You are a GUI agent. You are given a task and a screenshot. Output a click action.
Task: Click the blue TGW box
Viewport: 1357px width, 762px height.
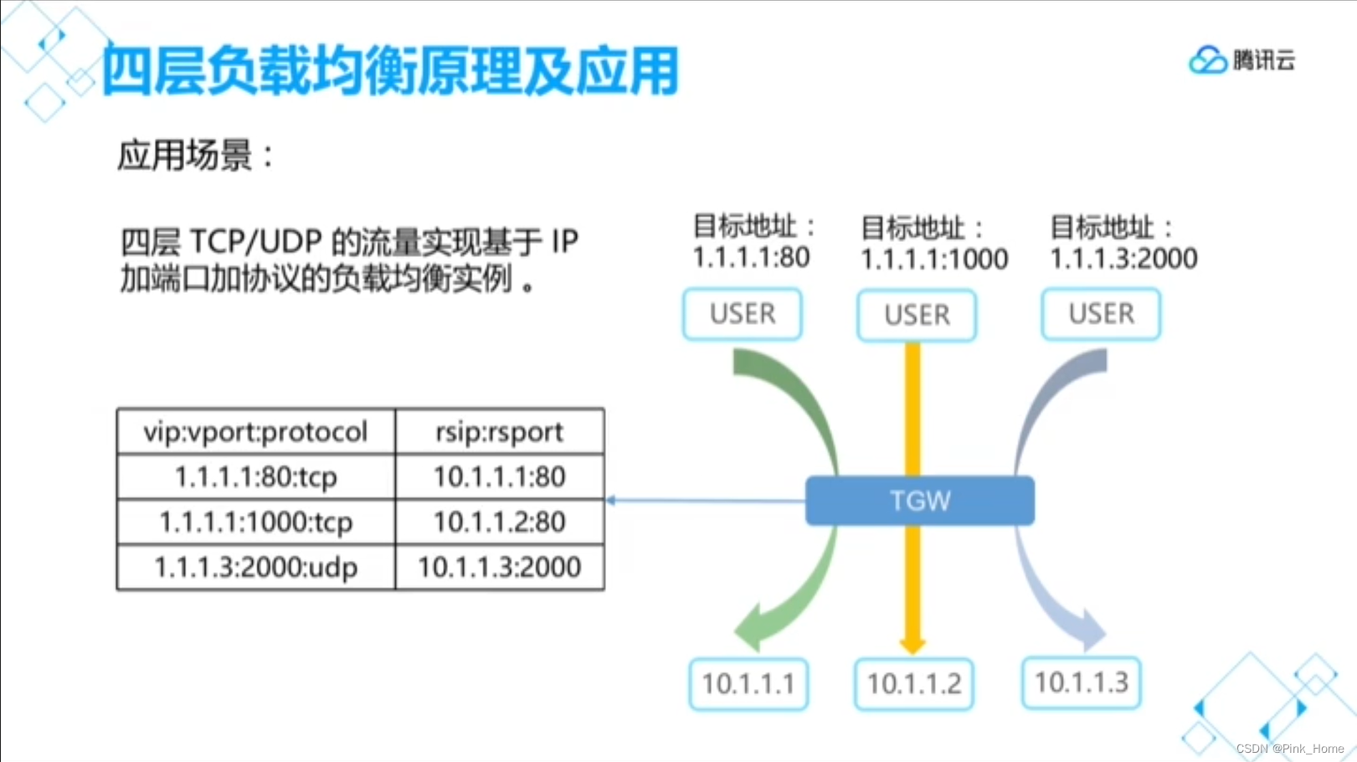click(x=919, y=501)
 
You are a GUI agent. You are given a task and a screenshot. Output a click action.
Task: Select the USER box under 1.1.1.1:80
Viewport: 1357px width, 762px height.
click(x=743, y=314)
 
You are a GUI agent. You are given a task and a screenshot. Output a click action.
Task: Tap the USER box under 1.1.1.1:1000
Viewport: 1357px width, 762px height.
click(x=917, y=315)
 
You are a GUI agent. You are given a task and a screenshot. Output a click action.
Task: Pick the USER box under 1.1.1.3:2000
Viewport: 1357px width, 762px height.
click(x=1101, y=314)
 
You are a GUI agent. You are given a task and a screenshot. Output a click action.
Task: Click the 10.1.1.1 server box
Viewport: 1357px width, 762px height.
click(x=748, y=684)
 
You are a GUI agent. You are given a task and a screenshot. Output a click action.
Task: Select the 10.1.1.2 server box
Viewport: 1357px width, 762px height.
click(x=914, y=684)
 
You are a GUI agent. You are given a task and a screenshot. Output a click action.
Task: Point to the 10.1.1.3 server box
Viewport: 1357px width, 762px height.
click(x=1082, y=682)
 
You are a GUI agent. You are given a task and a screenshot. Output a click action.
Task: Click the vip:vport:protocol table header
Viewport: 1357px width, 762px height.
click(x=255, y=432)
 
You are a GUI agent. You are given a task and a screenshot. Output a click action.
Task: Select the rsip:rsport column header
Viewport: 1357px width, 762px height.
click(x=499, y=432)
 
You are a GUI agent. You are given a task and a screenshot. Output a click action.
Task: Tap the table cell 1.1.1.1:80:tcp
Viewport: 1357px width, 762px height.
click(x=255, y=477)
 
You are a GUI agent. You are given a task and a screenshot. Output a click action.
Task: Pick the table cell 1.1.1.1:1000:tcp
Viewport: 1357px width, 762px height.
click(x=255, y=523)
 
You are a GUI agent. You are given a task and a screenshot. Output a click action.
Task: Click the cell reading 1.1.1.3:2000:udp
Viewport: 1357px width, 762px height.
click(x=255, y=568)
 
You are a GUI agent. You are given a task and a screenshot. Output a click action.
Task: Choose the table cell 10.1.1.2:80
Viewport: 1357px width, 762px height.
click(x=499, y=523)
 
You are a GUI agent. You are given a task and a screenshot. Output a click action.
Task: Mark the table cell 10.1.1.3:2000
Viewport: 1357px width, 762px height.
click(x=499, y=568)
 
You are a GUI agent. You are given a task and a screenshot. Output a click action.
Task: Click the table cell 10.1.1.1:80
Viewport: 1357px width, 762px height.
click(x=499, y=477)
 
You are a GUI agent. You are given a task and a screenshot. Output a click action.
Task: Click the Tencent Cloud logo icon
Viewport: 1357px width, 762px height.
click(x=1207, y=60)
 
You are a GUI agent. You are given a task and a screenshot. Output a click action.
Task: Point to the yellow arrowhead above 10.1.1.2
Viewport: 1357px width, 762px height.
click(x=912, y=645)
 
